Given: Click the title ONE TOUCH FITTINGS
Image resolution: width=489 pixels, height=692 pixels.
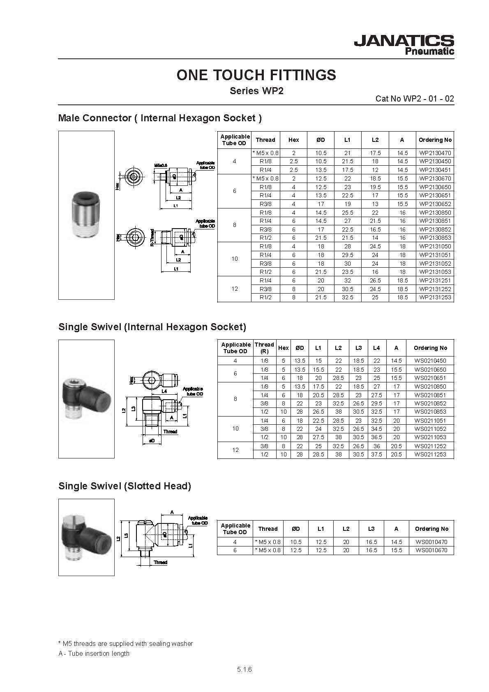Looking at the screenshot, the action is pyautogui.click(x=256, y=75).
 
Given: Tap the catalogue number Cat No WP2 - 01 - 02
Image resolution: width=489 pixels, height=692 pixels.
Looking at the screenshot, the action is pyautogui.click(x=415, y=99).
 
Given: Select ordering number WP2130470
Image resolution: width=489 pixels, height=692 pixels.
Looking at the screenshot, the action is pyautogui.click(x=435, y=153).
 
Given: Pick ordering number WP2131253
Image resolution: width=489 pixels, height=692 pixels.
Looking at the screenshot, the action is pyautogui.click(x=435, y=298).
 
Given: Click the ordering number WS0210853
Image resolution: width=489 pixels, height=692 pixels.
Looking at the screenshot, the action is pyautogui.click(x=430, y=412).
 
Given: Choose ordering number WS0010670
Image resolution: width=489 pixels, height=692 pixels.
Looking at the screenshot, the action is pyautogui.click(x=431, y=550).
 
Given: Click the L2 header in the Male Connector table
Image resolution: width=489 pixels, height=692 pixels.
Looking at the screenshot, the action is pyautogui.click(x=375, y=140).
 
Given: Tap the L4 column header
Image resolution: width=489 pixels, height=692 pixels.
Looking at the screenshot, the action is pyautogui.click(x=376, y=348).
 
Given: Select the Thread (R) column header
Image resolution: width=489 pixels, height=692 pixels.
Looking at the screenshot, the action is pyautogui.click(x=264, y=348).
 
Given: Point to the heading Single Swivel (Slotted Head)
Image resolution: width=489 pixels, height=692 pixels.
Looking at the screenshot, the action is pyautogui.click(x=125, y=486).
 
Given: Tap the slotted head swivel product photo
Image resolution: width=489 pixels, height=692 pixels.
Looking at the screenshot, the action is pyautogui.click(x=86, y=538).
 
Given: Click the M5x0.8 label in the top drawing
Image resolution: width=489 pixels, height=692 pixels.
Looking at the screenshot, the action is pyautogui.click(x=161, y=166).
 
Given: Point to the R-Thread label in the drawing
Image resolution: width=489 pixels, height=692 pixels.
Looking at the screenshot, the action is pyautogui.click(x=152, y=238).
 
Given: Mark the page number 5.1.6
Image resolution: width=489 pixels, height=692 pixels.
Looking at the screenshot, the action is pyautogui.click(x=244, y=669).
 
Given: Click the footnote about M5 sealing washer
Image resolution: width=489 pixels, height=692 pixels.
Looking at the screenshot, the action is pyautogui.click(x=125, y=643).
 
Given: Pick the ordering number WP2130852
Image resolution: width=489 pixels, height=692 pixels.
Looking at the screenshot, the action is pyautogui.click(x=435, y=229).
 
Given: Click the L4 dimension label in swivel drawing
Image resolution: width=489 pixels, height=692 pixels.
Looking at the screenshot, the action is pyautogui.click(x=164, y=391).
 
